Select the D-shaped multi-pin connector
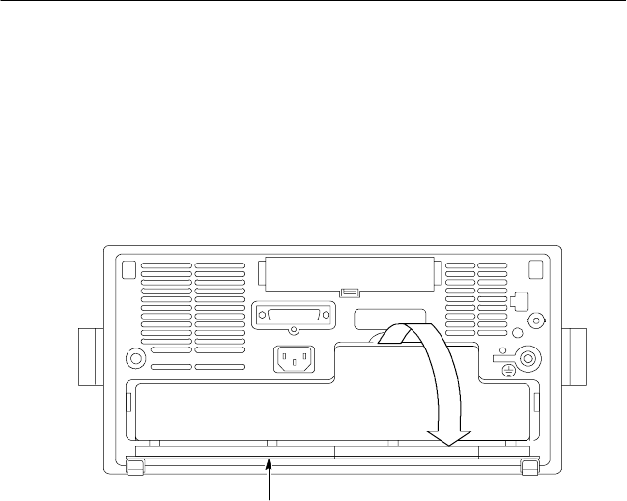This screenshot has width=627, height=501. coord(294,316)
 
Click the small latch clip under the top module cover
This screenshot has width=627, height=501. coord(350,292)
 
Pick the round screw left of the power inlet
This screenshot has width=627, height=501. coord(136,359)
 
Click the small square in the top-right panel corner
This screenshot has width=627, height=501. coord(535,267)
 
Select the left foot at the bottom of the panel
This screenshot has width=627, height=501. coord(134,466)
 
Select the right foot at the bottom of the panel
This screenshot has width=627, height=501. coord(528,466)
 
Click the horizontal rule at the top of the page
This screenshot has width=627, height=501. coord(313,1)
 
